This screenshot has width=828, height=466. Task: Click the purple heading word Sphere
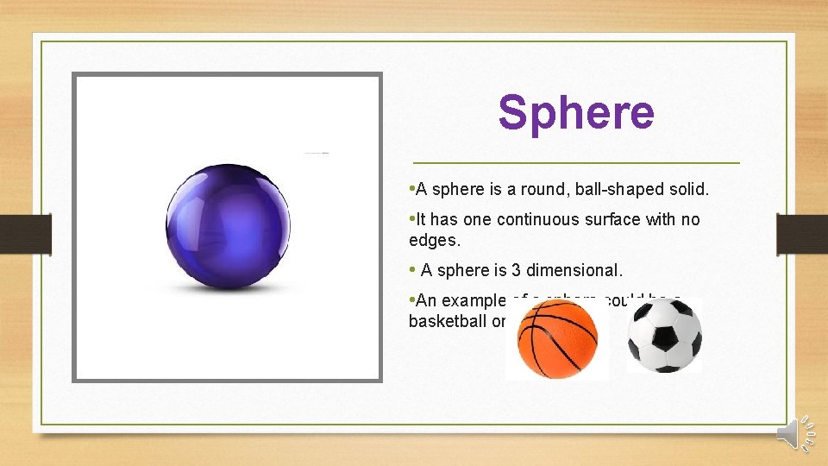[576, 113]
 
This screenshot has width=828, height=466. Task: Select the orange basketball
[557, 338]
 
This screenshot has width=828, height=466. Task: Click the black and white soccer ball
[664, 336]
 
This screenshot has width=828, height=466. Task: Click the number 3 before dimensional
[497, 270]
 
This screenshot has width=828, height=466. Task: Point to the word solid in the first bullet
[687, 189]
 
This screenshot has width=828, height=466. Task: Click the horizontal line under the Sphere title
[576, 162]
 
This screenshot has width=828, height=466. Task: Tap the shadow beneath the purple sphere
[226, 286]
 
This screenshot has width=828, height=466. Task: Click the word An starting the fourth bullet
[428, 301]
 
